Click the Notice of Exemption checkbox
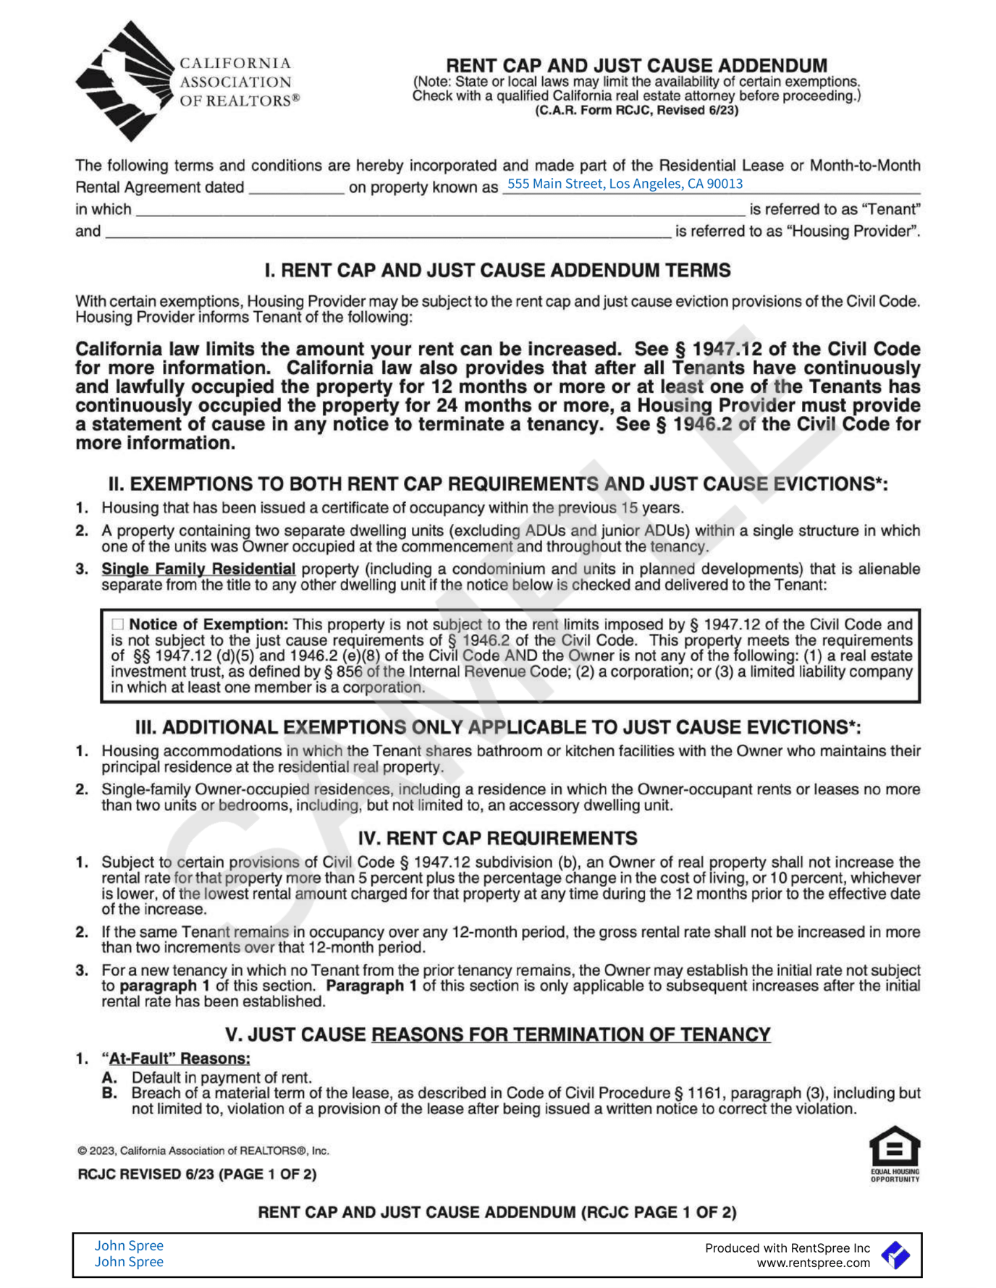tap(118, 624)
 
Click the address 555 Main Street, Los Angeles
tap(624, 184)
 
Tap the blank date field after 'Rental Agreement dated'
tap(296, 187)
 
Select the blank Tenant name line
tap(439, 210)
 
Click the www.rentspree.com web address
tap(813, 1263)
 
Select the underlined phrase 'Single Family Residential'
tap(198, 569)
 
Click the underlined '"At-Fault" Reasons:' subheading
tap(176, 1059)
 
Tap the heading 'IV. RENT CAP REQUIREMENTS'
tap(497, 838)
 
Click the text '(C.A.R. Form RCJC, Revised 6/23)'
tap(636, 111)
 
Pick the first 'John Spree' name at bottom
tap(129, 1245)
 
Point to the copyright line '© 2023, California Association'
tap(203, 1151)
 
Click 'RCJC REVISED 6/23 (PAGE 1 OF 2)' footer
tap(197, 1174)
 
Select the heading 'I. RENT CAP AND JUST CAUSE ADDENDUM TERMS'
tap(497, 271)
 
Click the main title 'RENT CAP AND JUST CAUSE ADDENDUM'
tap(636, 65)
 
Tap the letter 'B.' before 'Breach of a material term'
tap(109, 1093)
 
